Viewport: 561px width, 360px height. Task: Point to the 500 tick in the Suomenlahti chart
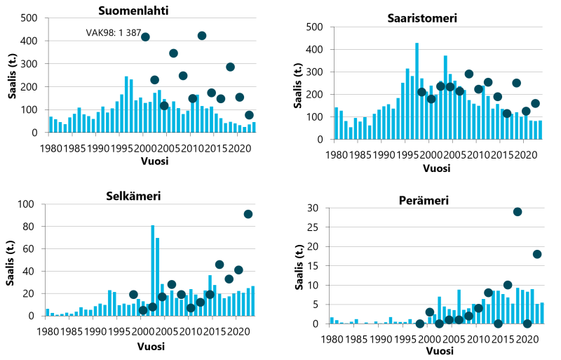point(29,18)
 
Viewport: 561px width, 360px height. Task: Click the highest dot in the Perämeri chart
point(518,212)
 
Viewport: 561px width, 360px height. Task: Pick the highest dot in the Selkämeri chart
point(248,214)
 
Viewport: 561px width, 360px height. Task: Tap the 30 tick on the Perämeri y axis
point(315,208)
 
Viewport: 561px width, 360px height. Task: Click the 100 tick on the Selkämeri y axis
point(29,204)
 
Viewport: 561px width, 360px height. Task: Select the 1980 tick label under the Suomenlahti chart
point(50,149)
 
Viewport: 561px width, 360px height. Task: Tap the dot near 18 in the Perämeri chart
point(537,254)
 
